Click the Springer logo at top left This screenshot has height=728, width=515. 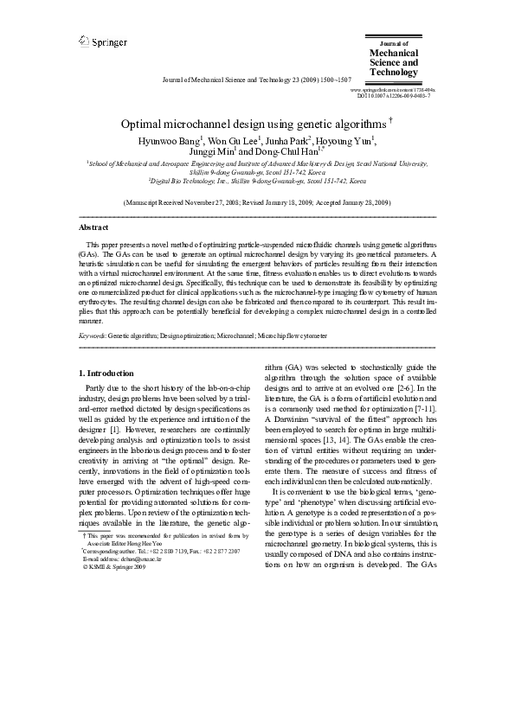click(103, 41)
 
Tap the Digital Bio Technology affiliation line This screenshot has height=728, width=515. click(257, 182)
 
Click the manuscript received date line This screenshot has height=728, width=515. click(257, 201)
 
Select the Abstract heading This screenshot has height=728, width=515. click(93, 227)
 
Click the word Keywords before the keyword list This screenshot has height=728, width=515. click(93, 333)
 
